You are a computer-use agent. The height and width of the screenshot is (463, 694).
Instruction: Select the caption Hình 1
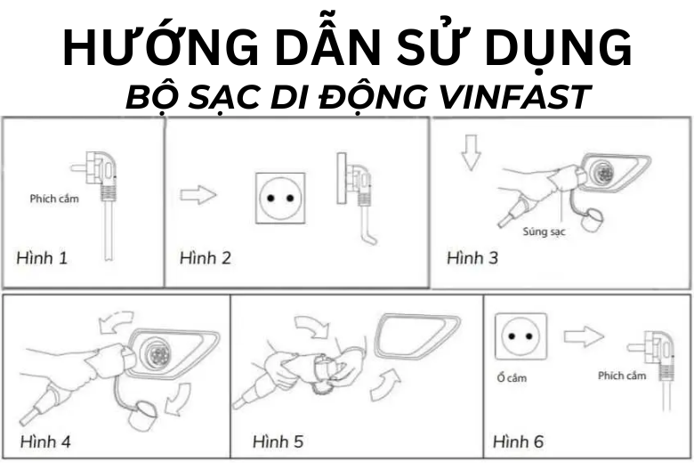42,258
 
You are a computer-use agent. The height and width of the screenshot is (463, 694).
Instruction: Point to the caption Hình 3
472,257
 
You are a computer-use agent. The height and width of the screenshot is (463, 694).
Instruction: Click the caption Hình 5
278,441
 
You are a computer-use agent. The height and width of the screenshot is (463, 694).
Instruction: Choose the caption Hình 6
520,441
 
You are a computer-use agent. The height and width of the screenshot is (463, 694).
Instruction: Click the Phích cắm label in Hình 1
54,198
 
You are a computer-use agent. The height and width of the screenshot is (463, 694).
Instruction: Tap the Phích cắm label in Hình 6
622,376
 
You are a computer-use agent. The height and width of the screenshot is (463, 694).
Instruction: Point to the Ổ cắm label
512,378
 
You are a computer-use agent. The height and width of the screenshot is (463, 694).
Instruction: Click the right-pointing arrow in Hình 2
198,194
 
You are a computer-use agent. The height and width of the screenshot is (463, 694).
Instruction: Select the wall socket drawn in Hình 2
280,198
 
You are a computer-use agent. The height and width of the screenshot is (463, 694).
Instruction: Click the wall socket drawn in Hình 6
520,337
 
